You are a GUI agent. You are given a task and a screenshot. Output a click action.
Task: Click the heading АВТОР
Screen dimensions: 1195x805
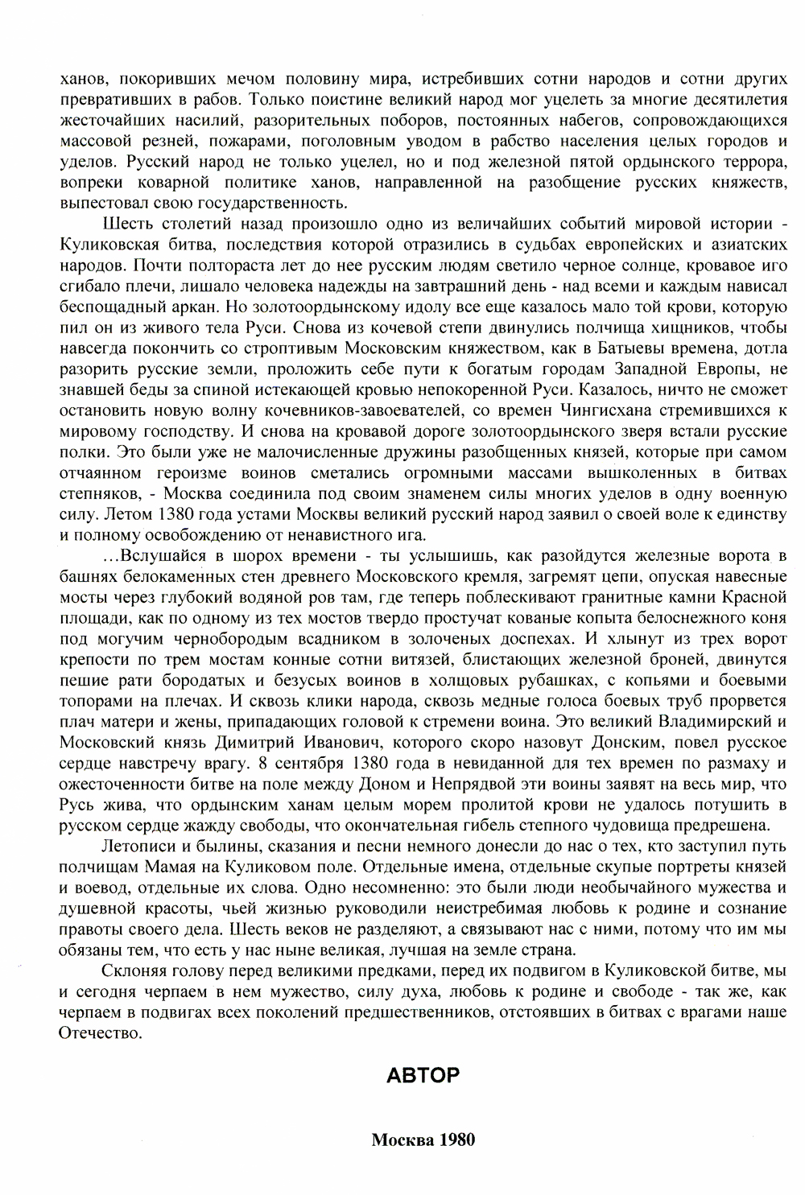pyautogui.click(x=423, y=1075)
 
